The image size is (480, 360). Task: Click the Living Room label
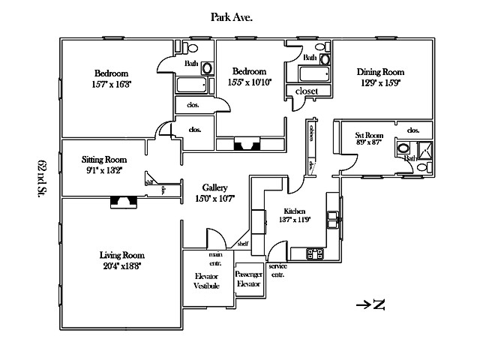coord(122,255)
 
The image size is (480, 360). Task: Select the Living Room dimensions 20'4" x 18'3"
coord(122,265)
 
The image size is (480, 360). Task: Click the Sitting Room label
coord(104,160)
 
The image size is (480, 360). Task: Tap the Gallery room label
coord(214,187)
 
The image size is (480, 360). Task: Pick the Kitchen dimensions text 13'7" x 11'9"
coord(293,220)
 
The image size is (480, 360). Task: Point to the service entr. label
coord(277,270)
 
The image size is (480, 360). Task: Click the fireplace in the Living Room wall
coord(121,200)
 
